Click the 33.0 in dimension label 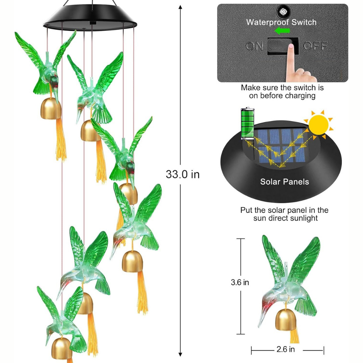(183, 174)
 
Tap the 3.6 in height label (240, 282)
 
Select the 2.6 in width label (286, 349)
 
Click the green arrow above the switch (282, 31)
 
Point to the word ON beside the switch (254, 46)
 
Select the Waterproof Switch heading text (281, 22)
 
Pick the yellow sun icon (319, 125)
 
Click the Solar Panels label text (285, 182)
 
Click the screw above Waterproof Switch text (282, 11)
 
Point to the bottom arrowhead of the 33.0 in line (180, 355)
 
